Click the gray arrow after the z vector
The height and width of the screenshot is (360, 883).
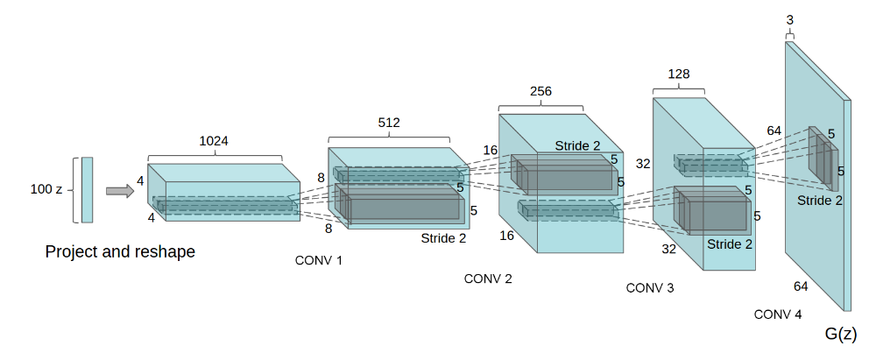pyautogui.click(x=118, y=190)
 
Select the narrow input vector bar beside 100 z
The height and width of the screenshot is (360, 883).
pyautogui.click(x=87, y=190)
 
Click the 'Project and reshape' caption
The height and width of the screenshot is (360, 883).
pyautogui.click(x=120, y=252)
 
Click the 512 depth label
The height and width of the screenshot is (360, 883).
pyautogui.click(x=388, y=123)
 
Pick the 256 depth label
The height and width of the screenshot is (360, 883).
pyautogui.click(x=540, y=92)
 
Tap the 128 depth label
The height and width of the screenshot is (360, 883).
pyautogui.click(x=679, y=74)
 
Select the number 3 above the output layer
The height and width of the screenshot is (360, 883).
pyautogui.click(x=789, y=19)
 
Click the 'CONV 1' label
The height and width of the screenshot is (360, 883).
pyautogui.click(x=318, y=259)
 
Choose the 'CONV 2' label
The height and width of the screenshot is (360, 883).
pyautogui.click(x=488, y=279)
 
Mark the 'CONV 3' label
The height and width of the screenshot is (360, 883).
pyautogui.click(x=650, y=287)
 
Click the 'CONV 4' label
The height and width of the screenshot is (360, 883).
pyautogui.click(x=777, y=313)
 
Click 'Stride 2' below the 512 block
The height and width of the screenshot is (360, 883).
pyautogui.click(x=444, y=236)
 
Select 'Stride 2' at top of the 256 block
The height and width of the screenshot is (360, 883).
pyautogui.click(x=577, y=145)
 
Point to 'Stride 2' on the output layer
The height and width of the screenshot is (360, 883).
pyautogui.click(x=820, y=201)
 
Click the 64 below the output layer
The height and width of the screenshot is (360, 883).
pyautogui.click(x=801, y=286)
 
